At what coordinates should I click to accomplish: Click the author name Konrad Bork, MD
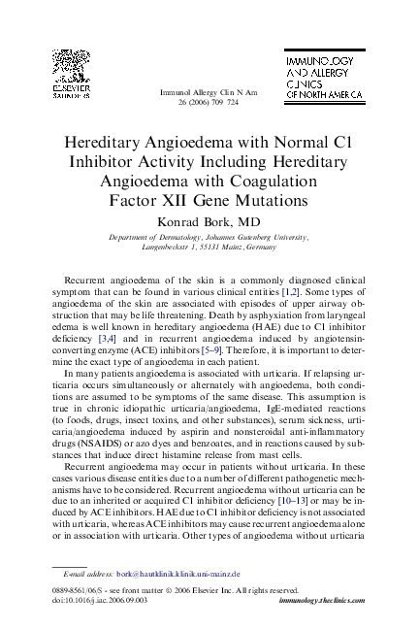[209, 220]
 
